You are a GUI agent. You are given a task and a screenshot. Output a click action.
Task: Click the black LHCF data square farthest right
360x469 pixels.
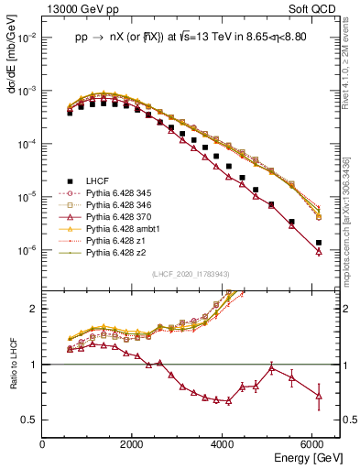pyautogui.click(x=318, y=243)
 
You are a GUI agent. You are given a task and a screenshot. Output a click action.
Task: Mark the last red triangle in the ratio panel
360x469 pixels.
pyautogui.click(x=318, y=396)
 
